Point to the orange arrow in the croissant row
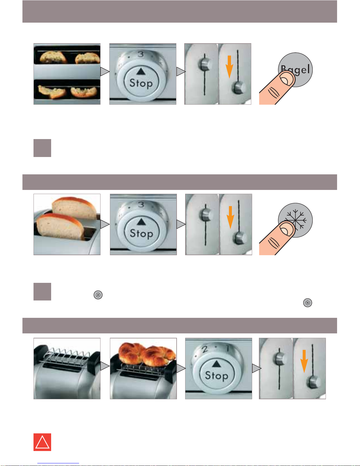click(304, 361)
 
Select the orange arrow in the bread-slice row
click(230, 218)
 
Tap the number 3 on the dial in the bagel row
click(141, 54)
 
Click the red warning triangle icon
click(42, 442)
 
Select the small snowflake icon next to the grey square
click(98, 295)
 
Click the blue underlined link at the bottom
click(58, 463)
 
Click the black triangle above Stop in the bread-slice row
click(141, 222)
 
